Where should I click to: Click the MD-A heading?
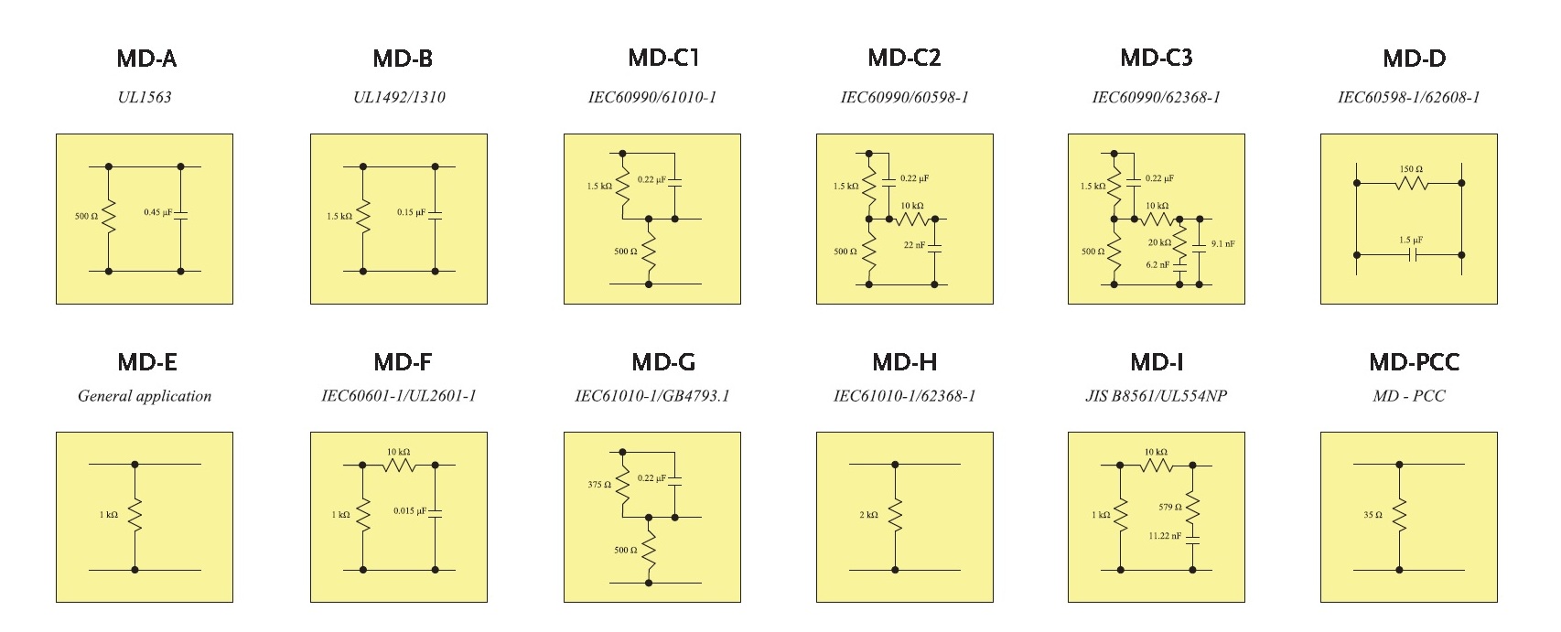pyautogui.click(x=145, y=59)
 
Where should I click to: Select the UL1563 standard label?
pyautogui.click(x=145, y=97)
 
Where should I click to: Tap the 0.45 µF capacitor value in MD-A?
pyautogui.click(x=157, y=212)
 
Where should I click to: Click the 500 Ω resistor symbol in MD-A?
pyautogui.click(x=109, y=218)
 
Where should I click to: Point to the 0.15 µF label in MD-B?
pyautogui.click(x=412, y=212)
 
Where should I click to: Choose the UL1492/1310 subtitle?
pyautogui.click(x=399, y=97)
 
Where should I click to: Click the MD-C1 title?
pyautogui.click(x=663, y=59)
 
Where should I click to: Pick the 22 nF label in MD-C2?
pyautogui.click(x=914, y=245)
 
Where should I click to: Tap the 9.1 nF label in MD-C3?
pyautogui.click(x=1222, y=244)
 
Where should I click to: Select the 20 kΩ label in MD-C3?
pyautogui.click(x=1159, y=243)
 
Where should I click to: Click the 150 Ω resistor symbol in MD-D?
pyautogui.click(x=1411, y=183)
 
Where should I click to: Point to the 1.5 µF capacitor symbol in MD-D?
pyautogui.click(x=1412, y=255)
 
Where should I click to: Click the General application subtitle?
pyautogui.click(x=145, y=396)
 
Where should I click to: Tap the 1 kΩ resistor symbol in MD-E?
pyautogui.click(x=135, y=515)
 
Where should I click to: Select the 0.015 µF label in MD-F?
pyautogui.click(x=410, y=510)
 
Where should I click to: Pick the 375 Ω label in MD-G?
pyautogui.click(x=599, y=485)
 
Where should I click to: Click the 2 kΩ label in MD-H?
pyautogui.click(x=869, y=515)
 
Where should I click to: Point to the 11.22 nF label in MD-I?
pyautogui.click(x=1165, y=536)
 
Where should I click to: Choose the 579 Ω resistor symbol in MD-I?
pyautogui.click(x=1193, y=507)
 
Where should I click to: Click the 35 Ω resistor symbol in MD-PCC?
pyautogui.click(x=1399, y=515)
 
